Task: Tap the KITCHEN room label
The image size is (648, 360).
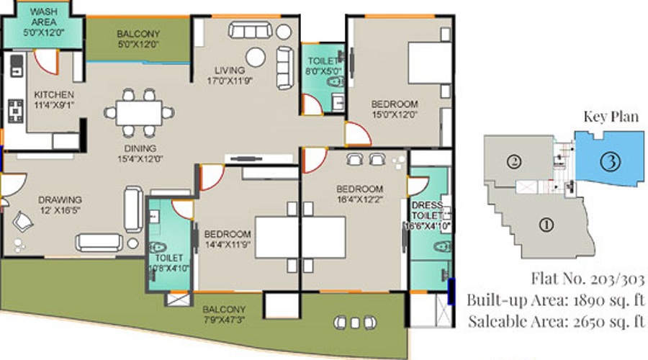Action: coord(54,94)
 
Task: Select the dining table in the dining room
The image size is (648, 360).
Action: coord(139,113)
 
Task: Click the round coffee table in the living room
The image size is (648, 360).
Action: coord(256,57)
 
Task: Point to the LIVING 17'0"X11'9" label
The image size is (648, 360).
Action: coord(230,76)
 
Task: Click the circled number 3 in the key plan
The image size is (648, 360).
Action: coord(610,161)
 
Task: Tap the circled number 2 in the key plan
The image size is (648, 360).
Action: coord(515,161)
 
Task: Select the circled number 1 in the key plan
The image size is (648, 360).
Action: coord(546,225)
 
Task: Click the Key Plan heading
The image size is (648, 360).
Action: coord(611,117)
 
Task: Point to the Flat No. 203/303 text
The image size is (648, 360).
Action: coord(588,279)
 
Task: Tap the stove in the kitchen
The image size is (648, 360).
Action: coord(16,111)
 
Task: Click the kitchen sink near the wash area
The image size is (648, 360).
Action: coord(17,66)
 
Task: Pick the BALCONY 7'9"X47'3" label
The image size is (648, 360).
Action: coord(224,315)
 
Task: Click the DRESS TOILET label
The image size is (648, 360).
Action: coord(427,210)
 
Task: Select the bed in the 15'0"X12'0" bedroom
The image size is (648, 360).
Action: coord(430,63)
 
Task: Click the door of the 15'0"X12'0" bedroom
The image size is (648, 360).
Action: coord(357,134)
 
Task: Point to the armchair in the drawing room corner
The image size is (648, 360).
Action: coord(23,222)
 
